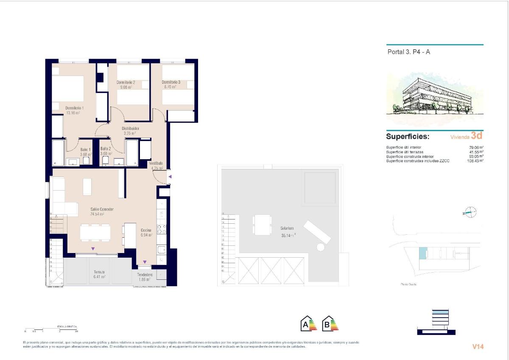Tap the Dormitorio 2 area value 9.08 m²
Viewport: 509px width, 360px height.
(x=125, y=87)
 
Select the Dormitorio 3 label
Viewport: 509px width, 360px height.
(x=171, y=82)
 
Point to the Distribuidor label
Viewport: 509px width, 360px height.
(x=131, y=128)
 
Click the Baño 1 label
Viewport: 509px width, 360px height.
(x=85, y=149)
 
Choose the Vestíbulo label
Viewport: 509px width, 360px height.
(x=156, y=163)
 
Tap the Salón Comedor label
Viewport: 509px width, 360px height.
(x=102, y=209)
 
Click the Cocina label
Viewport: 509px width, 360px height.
(x=146, y=230)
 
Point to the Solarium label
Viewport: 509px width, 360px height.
(x=287, y=228)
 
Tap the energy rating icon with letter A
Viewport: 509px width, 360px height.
(x=308, y=324)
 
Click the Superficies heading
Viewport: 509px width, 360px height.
(x=408, y=137)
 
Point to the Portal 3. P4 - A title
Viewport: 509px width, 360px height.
(x=409, y=52)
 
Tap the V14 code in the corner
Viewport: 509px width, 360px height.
(x=478, y=346)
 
